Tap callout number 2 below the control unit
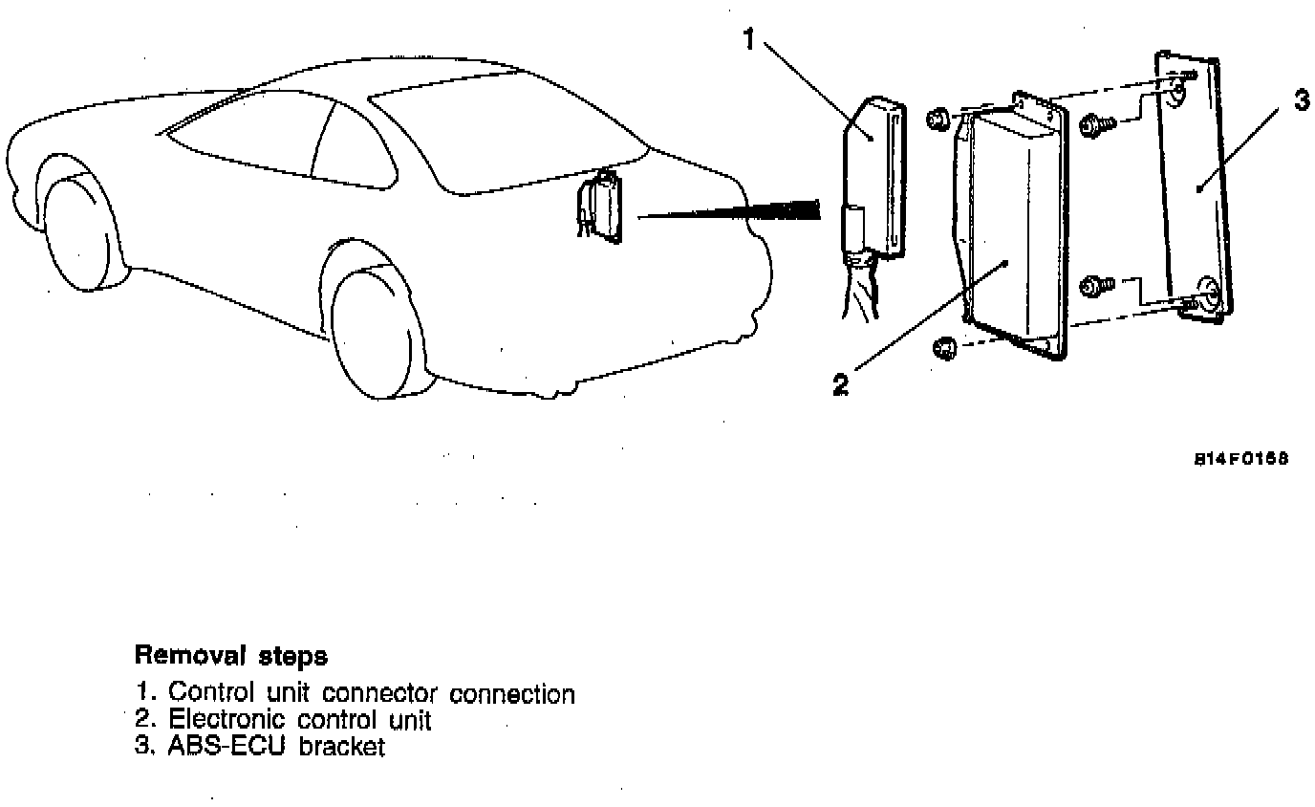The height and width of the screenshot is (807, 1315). click(840, 384)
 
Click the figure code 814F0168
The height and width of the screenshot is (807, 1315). click(1240, 458)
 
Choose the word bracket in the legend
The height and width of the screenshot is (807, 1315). click(341, 746)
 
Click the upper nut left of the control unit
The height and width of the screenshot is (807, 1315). click(937, 120)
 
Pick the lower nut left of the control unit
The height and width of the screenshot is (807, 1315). click(941, 349)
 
